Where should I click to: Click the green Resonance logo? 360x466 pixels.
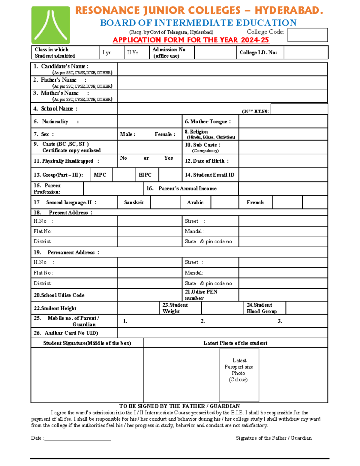pos(50,26)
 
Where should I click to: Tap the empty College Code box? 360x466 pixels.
pos(307,35)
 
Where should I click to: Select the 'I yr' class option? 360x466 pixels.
pos(107,53)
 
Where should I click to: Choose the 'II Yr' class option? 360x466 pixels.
pos(133,53)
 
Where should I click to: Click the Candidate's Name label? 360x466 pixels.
pos(65,66)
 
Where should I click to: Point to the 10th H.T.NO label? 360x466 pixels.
pos(255,111)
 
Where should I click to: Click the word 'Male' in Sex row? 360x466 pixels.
pos(128,134)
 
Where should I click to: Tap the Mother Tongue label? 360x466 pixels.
pos(208,122)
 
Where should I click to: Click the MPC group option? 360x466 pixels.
pos(100,175)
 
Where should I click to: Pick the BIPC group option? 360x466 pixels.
pos(145,175)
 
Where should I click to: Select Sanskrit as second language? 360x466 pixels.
pos(134,203)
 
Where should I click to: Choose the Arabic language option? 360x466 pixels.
pos(195,203)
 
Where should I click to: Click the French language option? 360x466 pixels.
pos(255,203)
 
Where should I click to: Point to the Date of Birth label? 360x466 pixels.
pos(207,161)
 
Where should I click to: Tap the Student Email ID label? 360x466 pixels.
pos(210,175)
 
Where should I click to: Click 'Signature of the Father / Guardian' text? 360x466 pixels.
pos(274,438)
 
